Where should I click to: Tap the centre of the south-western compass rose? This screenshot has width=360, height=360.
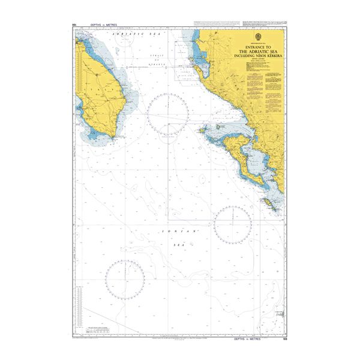coord(125,280)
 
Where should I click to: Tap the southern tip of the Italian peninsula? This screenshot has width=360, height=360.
coord(119,134)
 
